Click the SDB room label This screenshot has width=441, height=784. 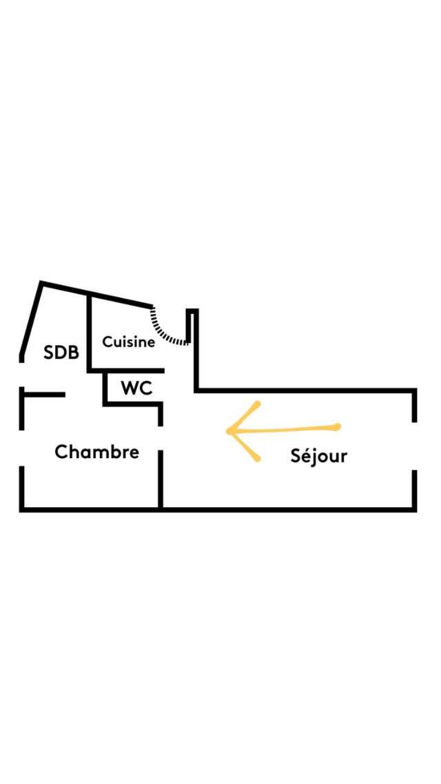pos(61,352)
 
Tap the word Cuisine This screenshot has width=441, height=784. pos(128,342)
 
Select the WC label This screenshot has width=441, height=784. pos(136,388)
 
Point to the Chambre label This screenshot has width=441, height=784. pos(96,452)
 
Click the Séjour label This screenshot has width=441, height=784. pos(318,455)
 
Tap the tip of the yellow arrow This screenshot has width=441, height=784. pos(229,431)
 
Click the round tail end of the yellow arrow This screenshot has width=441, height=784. pos(338,427)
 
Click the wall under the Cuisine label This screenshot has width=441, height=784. pos(127,371)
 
